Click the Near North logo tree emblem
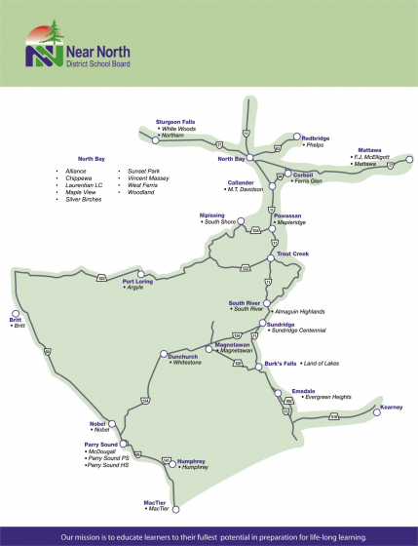click(41, 44)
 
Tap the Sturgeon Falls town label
click(175, 122)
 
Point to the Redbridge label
click(315, 138)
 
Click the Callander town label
click(241, 182)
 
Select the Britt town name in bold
click(15, 320)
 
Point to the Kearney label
click(391, 406)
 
